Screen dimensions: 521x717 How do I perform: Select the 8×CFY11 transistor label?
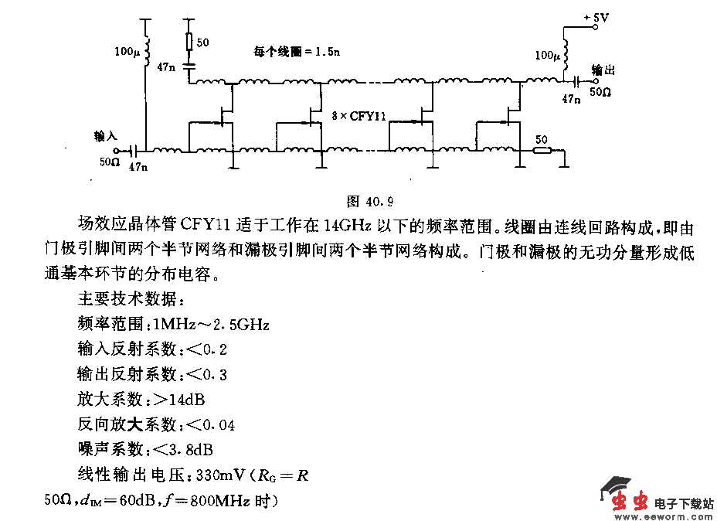(357, 117)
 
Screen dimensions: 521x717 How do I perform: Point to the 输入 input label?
(104, 136)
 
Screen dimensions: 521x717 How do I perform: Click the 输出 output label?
(603, 69)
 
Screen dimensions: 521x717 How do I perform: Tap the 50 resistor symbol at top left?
(190, 42)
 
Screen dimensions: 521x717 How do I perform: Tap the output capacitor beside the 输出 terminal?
(576, 80)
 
